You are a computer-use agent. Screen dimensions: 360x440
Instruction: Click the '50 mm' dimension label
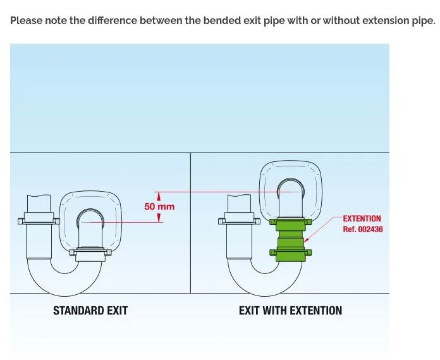[159, 206]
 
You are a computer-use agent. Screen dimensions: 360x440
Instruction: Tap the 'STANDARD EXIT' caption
[90, 311]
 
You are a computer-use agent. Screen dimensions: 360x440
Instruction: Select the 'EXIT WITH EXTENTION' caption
[290, 311]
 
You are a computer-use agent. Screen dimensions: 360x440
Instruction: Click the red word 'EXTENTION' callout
[362, 219]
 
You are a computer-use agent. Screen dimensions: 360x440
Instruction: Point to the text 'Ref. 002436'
[363, 230]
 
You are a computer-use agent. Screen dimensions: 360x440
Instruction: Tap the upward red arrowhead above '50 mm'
[159, 196]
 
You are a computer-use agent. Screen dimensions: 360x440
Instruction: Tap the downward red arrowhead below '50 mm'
[159, 218]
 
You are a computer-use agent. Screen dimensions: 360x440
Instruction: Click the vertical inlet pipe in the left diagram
[40, 234]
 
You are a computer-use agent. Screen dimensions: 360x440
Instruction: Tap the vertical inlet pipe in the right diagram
[240, 234]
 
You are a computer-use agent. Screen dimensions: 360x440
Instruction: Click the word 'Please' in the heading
[26, 20]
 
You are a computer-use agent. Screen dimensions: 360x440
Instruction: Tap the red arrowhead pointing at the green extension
[307, 240]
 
